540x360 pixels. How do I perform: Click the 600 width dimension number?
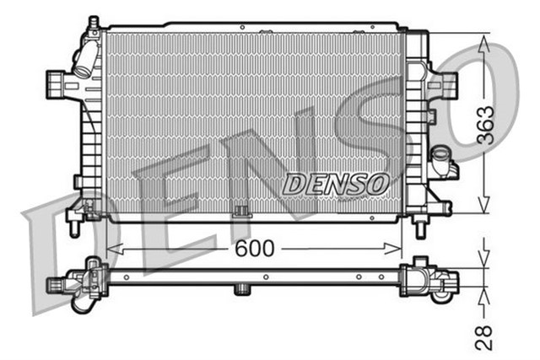(x=253, y=249)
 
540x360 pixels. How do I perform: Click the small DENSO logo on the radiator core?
(x=335, y=182)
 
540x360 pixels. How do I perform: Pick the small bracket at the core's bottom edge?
(x=241, y=211)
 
